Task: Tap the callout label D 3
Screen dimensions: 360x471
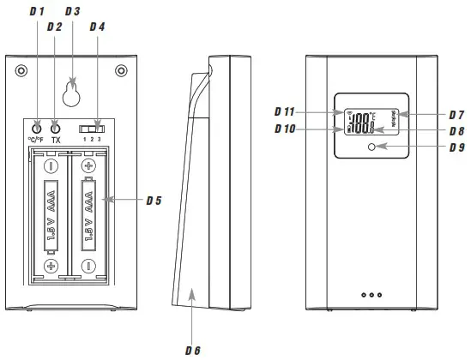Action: (73, 11)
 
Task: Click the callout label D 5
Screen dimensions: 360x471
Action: (154, 201)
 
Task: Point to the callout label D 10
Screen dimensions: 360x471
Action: (285, 129)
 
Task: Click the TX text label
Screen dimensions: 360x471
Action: (57, 139)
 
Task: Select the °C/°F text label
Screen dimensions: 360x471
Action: (36, 139)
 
